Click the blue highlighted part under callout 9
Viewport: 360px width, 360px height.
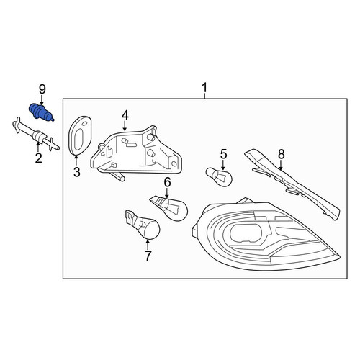pos(41,113)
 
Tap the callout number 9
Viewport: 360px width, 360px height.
pos(42,89)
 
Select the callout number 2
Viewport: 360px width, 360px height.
pos(38,158)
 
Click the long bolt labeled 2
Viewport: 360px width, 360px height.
pos(35,135)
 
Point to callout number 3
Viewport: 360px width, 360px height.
pos(77,172)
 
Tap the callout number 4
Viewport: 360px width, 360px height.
pos(125,115)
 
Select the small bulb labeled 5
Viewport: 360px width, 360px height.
pos(219,177)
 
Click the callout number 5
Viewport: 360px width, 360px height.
pos(223,154)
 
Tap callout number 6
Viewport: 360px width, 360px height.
pos(167,182)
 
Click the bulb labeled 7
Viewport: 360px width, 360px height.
pos(143,225)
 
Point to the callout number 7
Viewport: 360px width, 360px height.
pos(148,256)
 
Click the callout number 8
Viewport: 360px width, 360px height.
pos(282,154)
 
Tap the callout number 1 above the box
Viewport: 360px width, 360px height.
pos(204,88)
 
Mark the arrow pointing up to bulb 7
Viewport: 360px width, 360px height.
pos(148,244)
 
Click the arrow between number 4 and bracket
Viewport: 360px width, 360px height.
pos(125,126)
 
